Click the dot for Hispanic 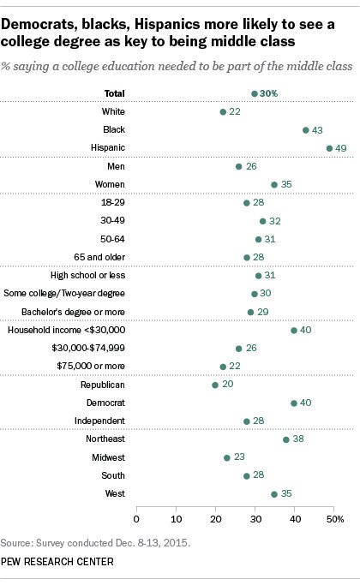tap(329, 148)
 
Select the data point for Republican tap(215, 385)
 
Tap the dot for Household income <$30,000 tap(294, 330)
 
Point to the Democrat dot tap(294, 403)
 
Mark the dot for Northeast tap(286, 439)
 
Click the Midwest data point tap(227, 457)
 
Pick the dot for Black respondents tap(306, 130)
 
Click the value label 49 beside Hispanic tap(340, 148)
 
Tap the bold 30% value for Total tap(269, 93)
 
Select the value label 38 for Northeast tap(298, 439)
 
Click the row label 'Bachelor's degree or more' tap(73, 312)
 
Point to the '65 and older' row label tap(99, 257)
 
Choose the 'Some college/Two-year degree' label tap(64, 294)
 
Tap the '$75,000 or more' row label tap(91, 366)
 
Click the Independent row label tap(99, 421)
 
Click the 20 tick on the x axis tap(216, 519)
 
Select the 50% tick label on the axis tap(335, 519)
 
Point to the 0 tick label tap(136, 519)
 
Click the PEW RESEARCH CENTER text tap(57, 562)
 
